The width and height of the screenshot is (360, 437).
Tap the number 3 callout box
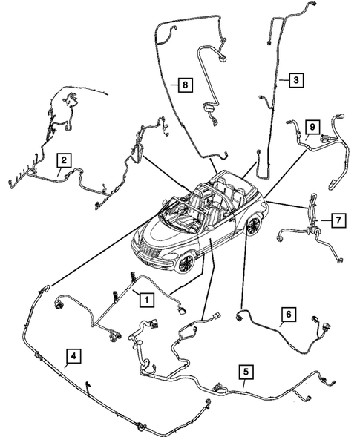click(x=295, y=79)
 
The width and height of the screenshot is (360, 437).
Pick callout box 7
click(x=337, y=220)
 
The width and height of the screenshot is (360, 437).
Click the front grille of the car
click(x=152, y=254)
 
